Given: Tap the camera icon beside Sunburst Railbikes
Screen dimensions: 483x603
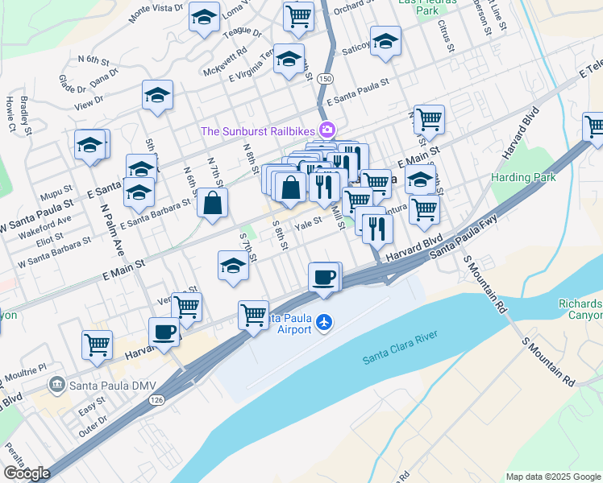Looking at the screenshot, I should (x=327, y=130).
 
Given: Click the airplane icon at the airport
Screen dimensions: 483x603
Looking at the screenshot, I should (x=324, y=322).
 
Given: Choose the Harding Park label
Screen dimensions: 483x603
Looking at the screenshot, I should (x=522, y=176).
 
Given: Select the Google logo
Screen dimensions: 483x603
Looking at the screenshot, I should (x=27, y=473).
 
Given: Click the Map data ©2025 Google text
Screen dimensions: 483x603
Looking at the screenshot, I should (x=553, y=477).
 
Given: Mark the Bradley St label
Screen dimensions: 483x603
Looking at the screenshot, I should (x=25, y=112).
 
